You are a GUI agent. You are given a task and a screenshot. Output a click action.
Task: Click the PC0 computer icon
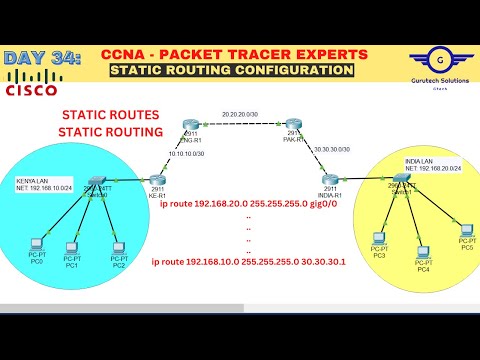point(37,242)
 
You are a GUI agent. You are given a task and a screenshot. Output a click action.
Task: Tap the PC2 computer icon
point(117,245)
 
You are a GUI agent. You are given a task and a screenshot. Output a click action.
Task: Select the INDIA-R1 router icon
point(330,178)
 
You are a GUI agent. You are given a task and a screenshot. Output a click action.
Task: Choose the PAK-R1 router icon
point(293,125)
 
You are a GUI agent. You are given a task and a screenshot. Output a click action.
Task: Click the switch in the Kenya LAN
point(98,178)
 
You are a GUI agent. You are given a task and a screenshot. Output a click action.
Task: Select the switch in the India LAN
point(401,177)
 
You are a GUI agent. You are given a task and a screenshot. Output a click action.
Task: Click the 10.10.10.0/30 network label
point(185,153)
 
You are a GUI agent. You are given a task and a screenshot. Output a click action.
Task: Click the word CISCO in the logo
point(31,91)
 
